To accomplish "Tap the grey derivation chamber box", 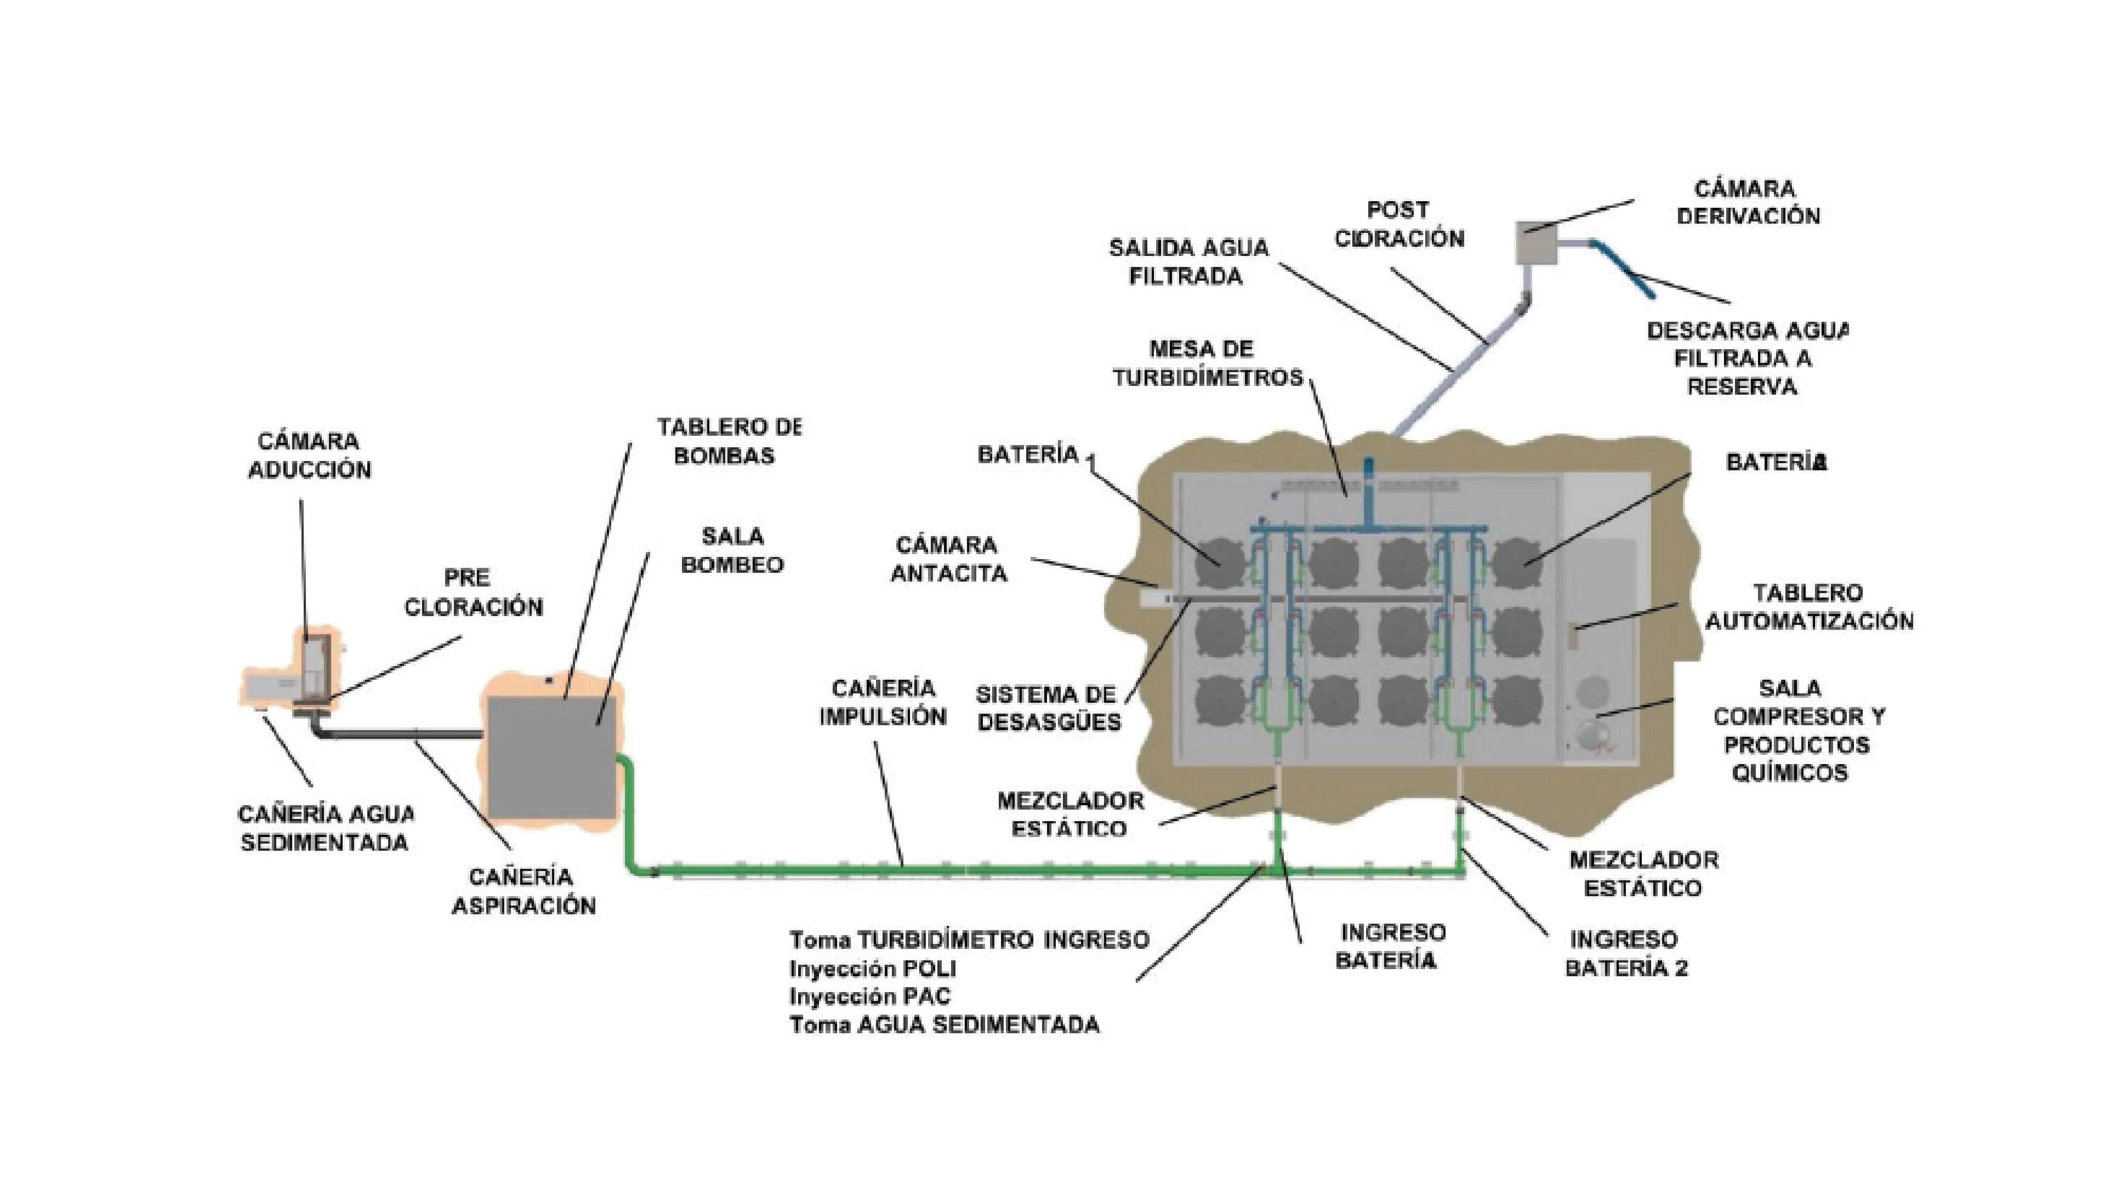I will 1536,243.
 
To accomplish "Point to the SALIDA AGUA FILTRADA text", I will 1188,261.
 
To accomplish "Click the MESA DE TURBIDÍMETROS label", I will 1208,363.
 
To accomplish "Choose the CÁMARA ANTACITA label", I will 948,559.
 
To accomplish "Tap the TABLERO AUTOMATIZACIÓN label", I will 1808,607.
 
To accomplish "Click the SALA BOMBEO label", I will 732,550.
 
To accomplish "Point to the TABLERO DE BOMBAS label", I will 727,441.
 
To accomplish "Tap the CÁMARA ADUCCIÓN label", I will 309,455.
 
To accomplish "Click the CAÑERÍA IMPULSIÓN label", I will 883,702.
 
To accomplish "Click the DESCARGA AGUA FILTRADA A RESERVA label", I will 1745,358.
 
